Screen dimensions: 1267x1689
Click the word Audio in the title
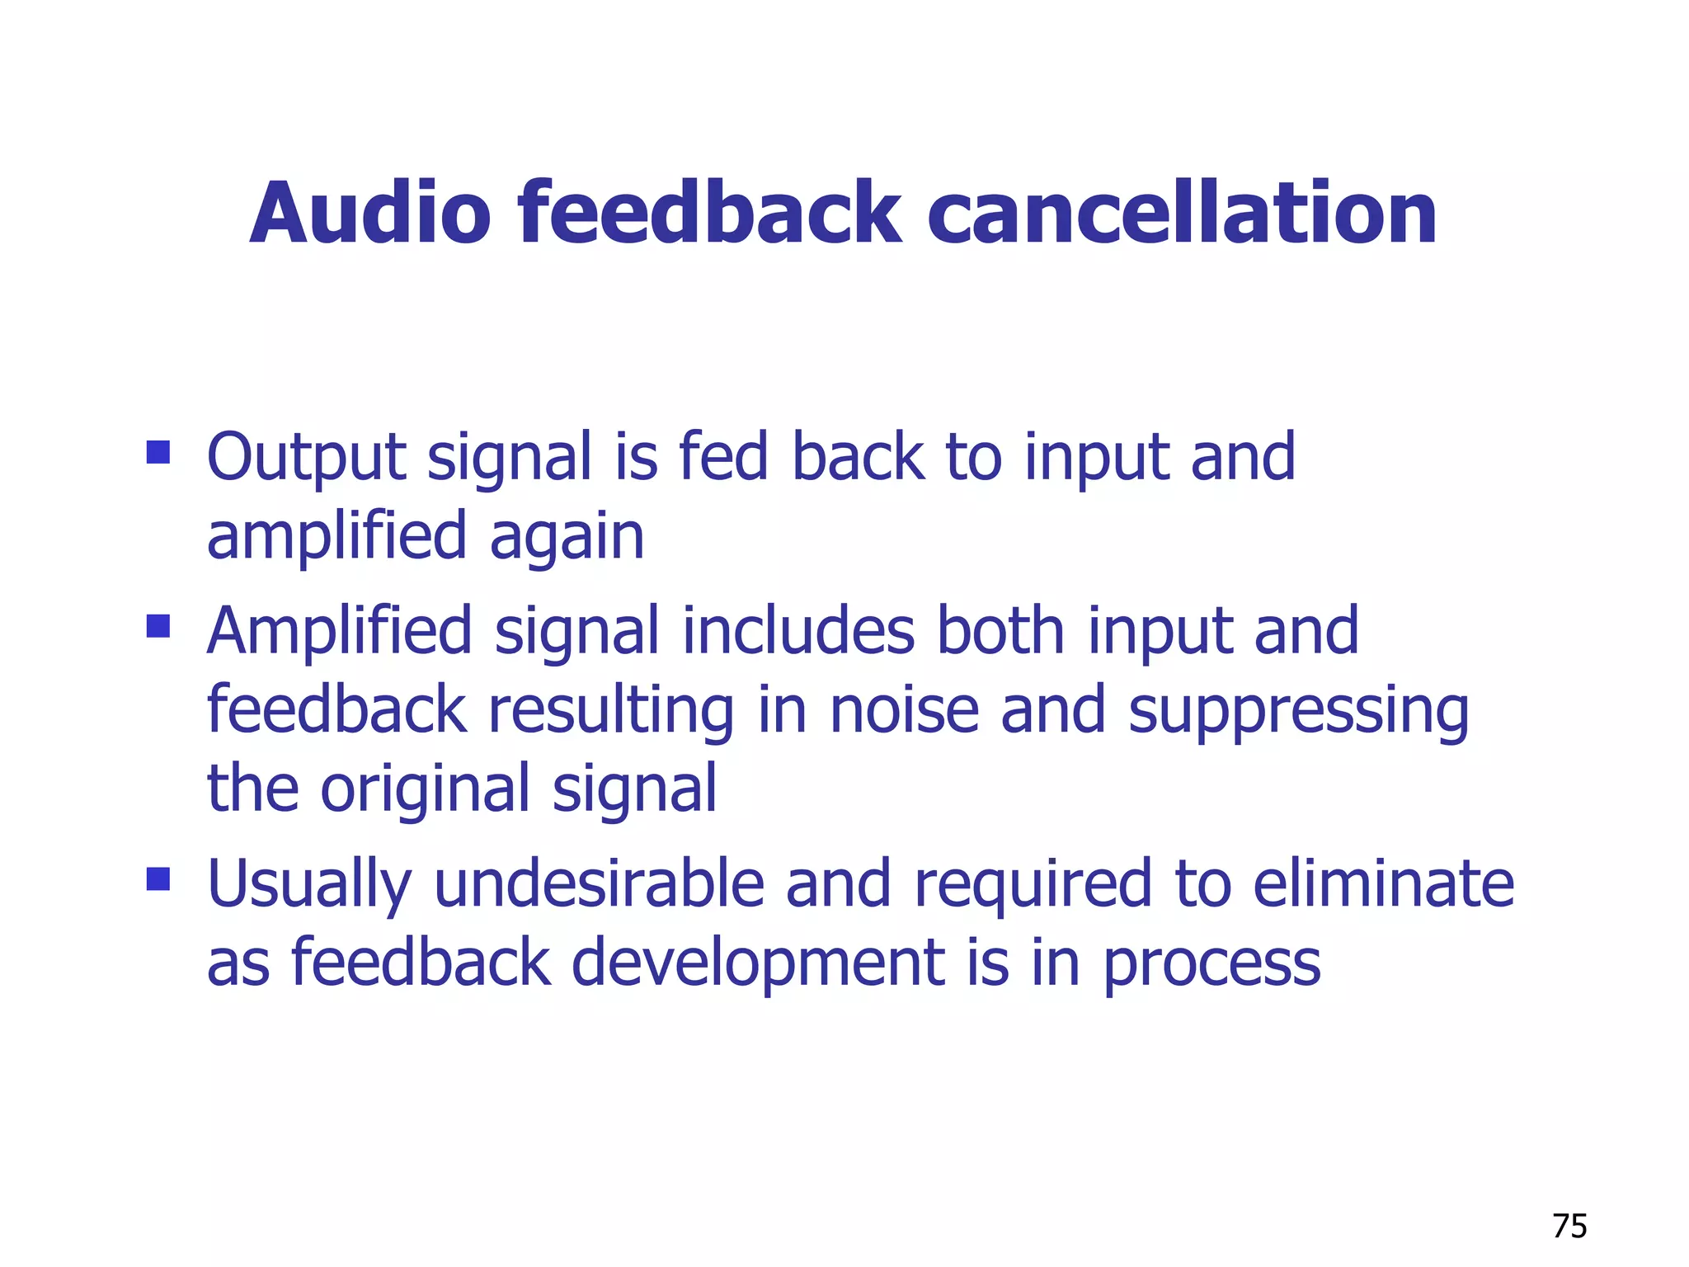coord(370,214)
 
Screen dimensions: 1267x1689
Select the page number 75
coord(1569,1227)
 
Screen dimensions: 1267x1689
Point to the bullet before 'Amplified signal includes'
coord(158,626)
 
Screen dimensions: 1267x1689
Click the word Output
coord(306,458)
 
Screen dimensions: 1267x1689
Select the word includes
coord(798,631)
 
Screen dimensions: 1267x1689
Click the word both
coord(1000,631)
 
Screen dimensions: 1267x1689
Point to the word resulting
coord(611,711)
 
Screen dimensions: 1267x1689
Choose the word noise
coord(904,711)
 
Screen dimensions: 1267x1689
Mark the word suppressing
coord(1298,711)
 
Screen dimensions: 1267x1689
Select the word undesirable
coord(600,884)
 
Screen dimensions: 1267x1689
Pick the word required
coord(1033,884)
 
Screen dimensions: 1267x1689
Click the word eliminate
coord(1383,884)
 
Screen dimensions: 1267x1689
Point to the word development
coord(758,963)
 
